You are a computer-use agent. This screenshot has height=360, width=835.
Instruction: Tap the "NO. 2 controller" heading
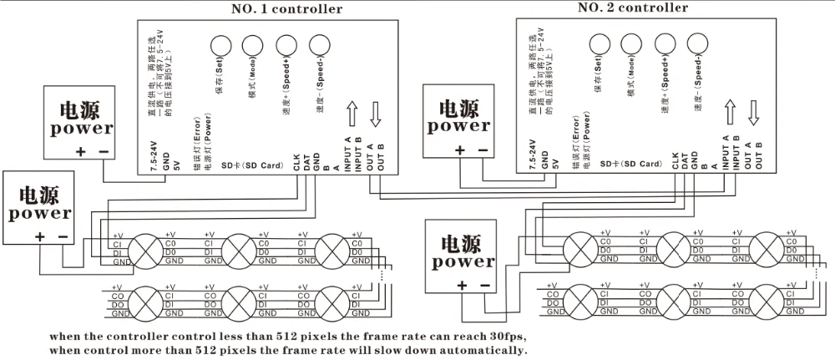point(634,8)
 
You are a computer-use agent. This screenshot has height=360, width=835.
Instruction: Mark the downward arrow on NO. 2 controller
point(754,110)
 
